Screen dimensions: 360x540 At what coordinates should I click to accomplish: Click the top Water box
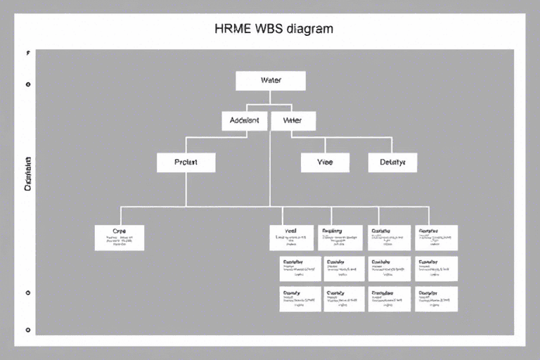(271, 80)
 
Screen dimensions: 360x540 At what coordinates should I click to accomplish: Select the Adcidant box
(245, 120)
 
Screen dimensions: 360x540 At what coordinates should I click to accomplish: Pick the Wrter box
(292, 120)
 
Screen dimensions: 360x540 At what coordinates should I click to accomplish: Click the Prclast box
(186, 162)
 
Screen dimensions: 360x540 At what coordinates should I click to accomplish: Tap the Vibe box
(325, 162)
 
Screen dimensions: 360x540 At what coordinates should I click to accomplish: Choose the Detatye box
(392, 162)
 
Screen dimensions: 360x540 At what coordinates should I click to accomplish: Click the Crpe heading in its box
(119, 231)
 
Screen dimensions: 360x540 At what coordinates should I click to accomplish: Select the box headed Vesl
(291, 238)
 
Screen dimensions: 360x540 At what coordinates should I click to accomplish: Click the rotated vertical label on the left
(28, 174)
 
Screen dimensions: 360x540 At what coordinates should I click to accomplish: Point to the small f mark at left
(27, 53)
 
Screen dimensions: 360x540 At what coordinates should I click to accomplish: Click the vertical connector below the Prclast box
(186, 189)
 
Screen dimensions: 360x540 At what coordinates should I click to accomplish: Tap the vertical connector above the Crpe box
(120, 215)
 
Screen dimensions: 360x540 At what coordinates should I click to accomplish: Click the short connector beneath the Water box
(271, 101)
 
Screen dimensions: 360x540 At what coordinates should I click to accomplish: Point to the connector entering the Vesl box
(283, 215)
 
